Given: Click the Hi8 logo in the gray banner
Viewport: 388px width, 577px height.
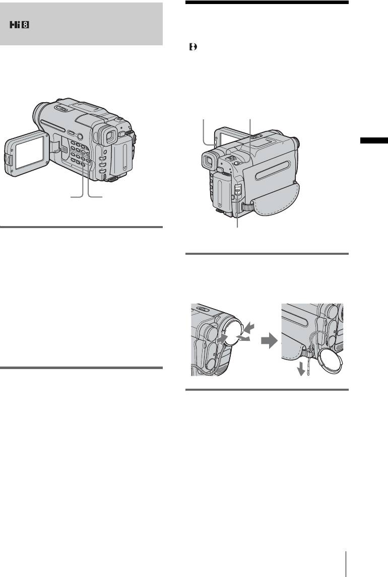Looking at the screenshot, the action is pyautogui.click(x=20, y=25).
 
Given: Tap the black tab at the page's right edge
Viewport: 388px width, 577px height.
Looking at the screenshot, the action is pyautogui.click(x=374, y=140).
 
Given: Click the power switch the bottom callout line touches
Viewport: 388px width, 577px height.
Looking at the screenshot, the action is pyautogui.click(x=237, y=191).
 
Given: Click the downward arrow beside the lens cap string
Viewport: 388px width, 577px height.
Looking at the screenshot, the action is pyautogui.click(x=301, y=369).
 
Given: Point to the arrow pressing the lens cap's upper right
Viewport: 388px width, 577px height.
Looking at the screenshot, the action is pyautogui.click(x=248, y=327).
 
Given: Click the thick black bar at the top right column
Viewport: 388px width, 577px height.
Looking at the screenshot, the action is pyautogui.click(x=267, y=2).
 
